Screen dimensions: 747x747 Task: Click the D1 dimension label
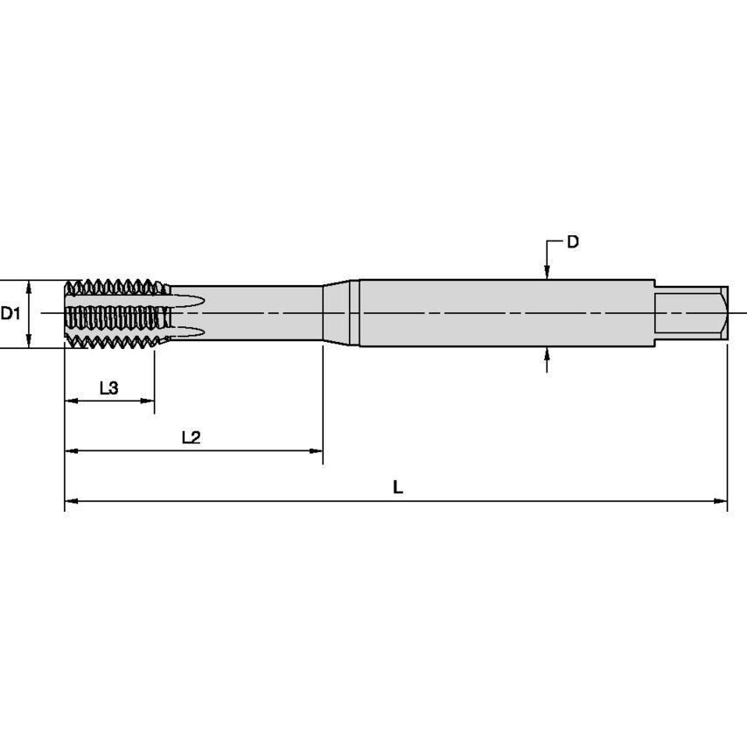10,313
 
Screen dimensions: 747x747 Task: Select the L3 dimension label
108,388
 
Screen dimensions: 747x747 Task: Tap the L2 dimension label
191,437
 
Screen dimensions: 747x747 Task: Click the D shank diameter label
573,241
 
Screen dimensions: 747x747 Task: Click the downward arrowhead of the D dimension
547,273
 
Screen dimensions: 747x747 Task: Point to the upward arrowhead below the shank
547,353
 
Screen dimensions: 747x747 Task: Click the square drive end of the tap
691,313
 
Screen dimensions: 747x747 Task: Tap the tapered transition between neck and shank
340,313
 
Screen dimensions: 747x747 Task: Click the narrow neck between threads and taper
262,313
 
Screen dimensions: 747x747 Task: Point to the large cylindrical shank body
507,313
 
